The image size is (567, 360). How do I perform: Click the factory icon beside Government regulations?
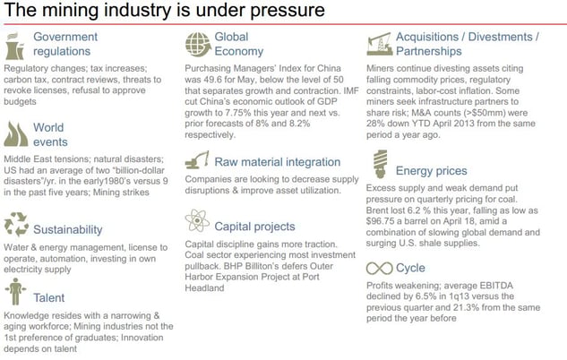15,47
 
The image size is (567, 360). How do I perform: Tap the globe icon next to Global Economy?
198,45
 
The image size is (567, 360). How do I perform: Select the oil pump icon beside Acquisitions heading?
379,44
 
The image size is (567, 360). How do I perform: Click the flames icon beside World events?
16,134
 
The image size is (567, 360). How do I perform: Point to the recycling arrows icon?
16,225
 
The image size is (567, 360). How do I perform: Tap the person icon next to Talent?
15,291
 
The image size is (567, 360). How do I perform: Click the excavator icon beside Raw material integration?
197,160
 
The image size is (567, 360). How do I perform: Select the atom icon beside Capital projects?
197,220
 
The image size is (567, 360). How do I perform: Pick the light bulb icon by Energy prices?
380,164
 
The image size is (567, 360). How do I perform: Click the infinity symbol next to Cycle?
379,268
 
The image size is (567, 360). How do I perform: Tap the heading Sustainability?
68,229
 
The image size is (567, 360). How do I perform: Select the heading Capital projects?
254,227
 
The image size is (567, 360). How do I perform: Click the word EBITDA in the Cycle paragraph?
496,286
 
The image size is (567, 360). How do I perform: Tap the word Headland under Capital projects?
204,288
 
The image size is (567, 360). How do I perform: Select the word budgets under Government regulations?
20,101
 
